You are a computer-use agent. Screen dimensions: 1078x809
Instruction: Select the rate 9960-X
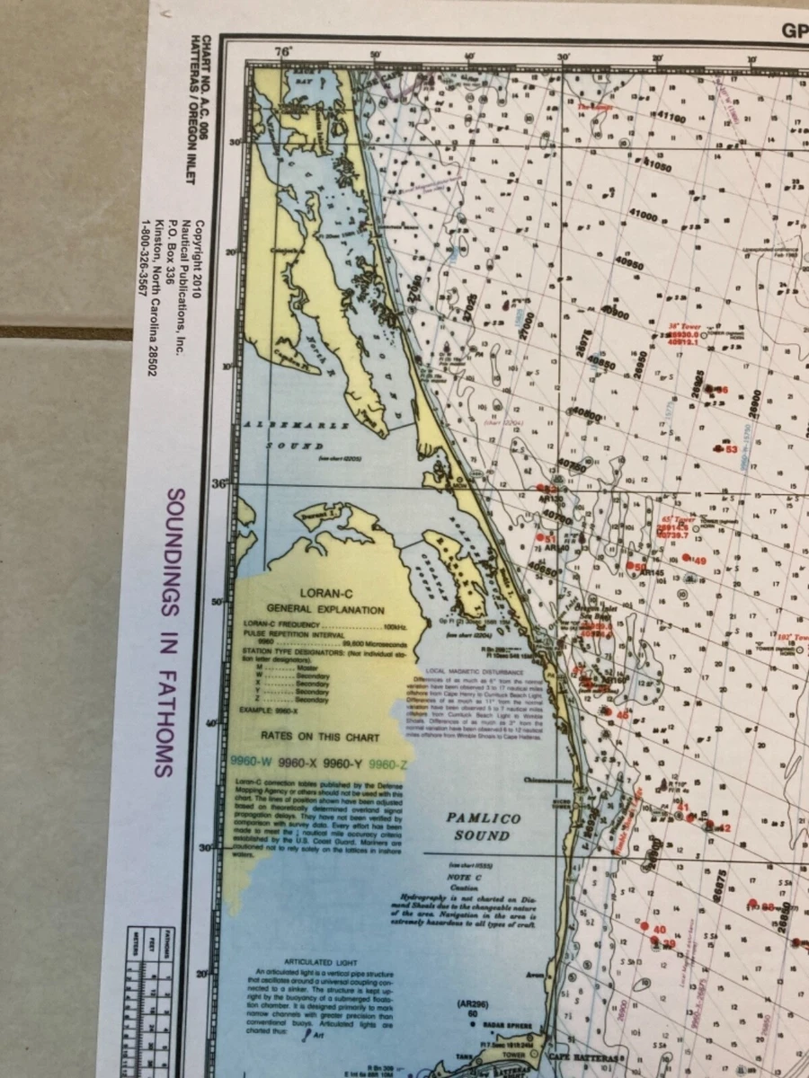(x=303, y=763)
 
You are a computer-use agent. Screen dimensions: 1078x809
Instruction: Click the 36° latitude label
(x=218, y=482)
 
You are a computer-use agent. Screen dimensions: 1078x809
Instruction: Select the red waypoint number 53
(x=731, y=449)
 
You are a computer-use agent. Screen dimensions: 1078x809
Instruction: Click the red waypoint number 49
(x=699, y=561)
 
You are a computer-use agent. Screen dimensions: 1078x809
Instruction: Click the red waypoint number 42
(x=725, y=827)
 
